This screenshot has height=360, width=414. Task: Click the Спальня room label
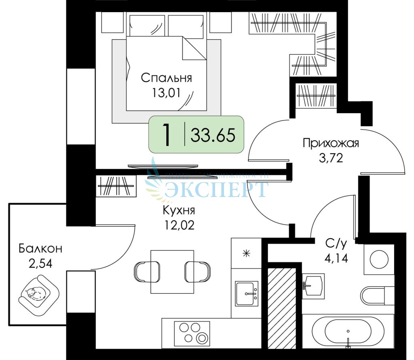click(x=166, y=78)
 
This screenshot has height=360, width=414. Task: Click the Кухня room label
click(x=179, y=210)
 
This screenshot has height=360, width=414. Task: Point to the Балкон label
click(x=40, y=248)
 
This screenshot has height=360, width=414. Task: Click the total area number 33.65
click(x=213, y=135)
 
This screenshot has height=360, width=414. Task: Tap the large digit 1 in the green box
click(x=166, y=135)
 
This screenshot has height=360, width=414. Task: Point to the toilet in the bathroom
click(x=377, y=295)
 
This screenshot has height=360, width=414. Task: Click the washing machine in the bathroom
click(x=379, y=258)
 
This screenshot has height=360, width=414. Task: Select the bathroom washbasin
click(x=313, y=285)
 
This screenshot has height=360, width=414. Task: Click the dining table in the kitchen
click(x=172, y=271)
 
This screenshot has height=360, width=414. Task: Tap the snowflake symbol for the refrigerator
click(x=246, y=254)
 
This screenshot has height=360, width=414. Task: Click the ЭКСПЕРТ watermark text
click(x=217, y=189)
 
